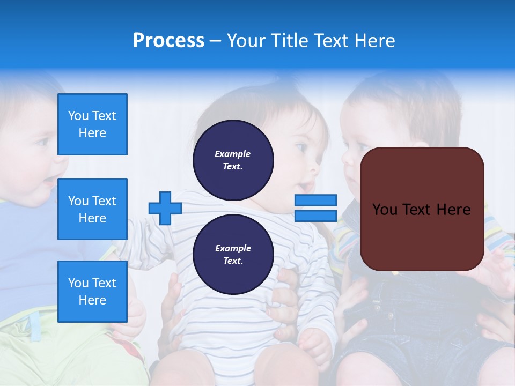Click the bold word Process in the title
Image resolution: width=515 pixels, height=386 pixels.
click(x=168, y=41)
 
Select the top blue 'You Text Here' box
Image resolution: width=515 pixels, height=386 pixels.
click(x=92, y=124)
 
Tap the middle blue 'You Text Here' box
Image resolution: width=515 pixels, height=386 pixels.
click(x=92, y=209)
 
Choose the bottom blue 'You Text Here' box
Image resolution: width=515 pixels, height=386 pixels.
click(x=92, y=292)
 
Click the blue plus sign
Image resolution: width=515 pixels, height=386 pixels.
click(x=165, y=209)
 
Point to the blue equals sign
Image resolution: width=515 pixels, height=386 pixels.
click(x=316, y=208)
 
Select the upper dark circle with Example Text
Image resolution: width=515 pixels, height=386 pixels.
click(x=233, y=160)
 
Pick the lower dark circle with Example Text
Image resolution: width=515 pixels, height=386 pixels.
click(x=233, y=255)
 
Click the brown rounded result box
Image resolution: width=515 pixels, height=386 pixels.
click(x=422, y=209)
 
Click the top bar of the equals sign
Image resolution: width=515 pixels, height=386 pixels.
click(x=316, y=201)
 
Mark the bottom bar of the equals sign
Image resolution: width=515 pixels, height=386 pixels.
click(x=316, y=216)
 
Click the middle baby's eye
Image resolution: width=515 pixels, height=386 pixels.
click(x=301, y=147)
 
